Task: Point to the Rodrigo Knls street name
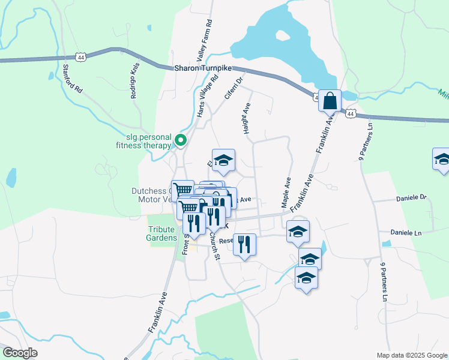(x=135, y=80)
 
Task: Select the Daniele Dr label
(x=411, y=197)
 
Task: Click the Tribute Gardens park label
(x=162, y=233)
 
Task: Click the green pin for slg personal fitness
(x=181, y=141)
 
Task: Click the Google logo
(x=20, y=353)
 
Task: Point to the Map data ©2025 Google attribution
(x=412, y=355)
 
